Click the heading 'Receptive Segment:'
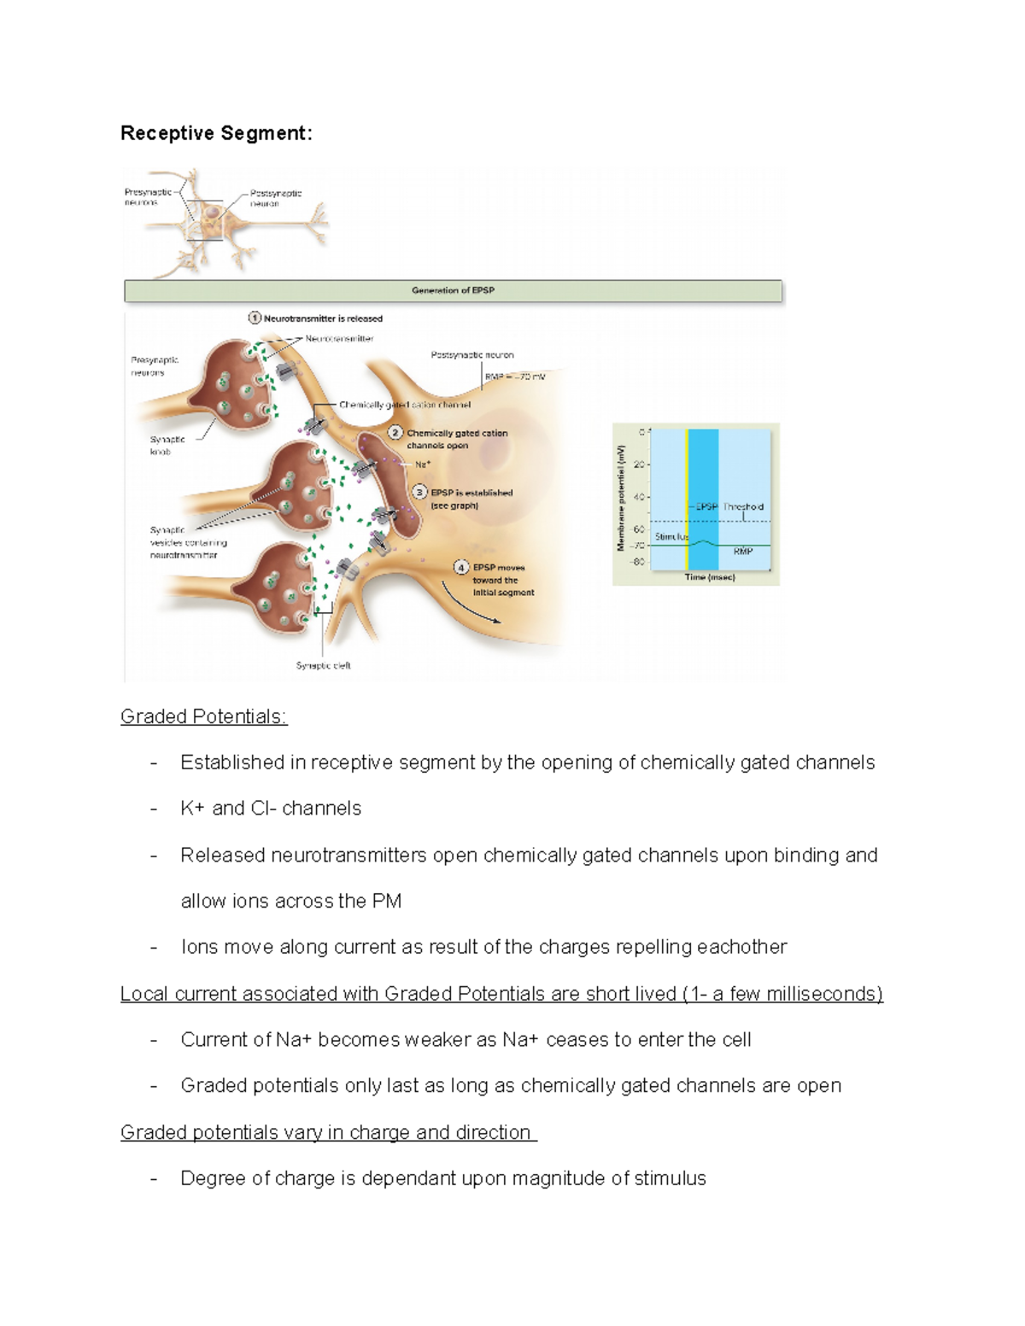216,133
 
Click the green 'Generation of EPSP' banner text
453,290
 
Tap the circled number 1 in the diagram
255,318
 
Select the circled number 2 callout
395,433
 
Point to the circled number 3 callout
419,492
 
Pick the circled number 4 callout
461,567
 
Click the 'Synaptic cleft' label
323,665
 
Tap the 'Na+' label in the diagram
423,464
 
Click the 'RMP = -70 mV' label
514,377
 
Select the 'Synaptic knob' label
167,445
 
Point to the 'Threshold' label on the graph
743,506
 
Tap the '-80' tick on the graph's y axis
637,562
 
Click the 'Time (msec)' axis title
709,577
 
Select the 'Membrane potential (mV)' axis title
622,497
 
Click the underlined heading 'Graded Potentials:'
203,716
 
